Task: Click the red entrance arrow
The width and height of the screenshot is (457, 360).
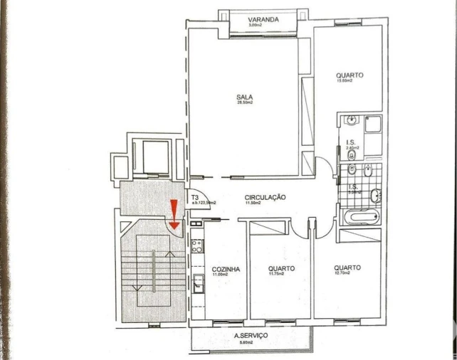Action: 174,212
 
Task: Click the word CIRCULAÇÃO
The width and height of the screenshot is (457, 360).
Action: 265,197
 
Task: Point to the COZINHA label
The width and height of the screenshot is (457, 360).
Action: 226,269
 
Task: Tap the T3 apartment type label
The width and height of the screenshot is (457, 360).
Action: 194,197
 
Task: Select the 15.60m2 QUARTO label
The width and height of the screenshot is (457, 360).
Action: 350,75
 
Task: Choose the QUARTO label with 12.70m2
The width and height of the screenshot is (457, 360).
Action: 347,268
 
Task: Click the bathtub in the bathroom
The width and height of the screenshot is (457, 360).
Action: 360,216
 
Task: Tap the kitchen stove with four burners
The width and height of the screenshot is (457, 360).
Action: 196,245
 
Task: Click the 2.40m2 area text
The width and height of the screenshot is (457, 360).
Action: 352,148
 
